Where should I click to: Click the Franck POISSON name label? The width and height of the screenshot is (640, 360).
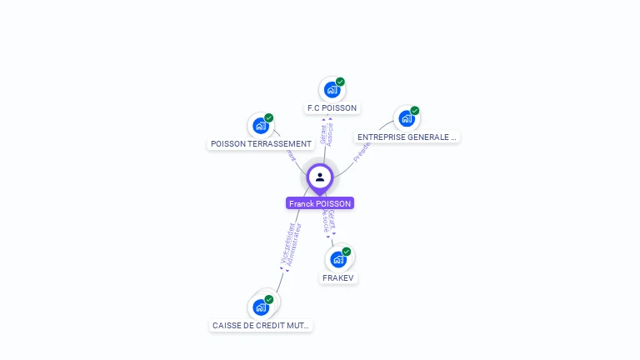point(320,203)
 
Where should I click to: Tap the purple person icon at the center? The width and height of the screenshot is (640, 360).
point(320,177)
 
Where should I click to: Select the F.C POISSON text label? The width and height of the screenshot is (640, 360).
point(332,108)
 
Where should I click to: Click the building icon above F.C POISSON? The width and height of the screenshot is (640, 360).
point(332,90)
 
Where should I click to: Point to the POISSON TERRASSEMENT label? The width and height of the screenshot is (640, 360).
point(261,144)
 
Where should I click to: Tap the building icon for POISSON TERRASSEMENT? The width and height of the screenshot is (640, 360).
point(261,126)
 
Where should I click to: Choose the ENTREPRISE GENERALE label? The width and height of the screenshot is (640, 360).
point(407,137)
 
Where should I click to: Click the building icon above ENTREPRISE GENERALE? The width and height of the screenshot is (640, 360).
point(406,118)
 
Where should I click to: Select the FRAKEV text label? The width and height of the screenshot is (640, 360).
point(338,277)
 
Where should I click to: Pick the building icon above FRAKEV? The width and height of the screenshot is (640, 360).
point(337,259)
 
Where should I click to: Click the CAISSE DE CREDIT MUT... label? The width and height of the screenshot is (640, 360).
point(261,326)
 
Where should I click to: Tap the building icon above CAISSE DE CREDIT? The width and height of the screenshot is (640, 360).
point(261,307)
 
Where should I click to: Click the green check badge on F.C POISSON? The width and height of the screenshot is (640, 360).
point(341,82)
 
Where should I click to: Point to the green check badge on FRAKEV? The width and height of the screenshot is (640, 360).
point(347,251)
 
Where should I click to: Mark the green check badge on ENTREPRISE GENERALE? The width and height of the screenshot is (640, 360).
point(415,110)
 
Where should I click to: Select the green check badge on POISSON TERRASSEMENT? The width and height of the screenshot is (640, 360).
point(269,117)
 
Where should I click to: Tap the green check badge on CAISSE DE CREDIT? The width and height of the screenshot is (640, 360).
point(269,298)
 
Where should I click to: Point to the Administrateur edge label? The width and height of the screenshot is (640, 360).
point(293,245)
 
